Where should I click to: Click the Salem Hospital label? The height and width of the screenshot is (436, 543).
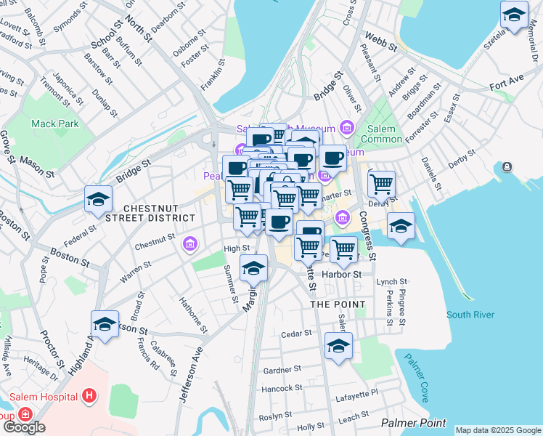pyautogui.click(x=44, y=396)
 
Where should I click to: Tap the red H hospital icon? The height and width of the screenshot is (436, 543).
pyautogui.click(x=89, y=396)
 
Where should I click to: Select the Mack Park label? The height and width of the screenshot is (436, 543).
pyautogui.click(x=55, y=124)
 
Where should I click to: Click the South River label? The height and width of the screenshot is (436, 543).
pyautogui.click(x=470, y=315)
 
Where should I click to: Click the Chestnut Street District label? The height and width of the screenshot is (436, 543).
pyautogui.click(x=159, y=212)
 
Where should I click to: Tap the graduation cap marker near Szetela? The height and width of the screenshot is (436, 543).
pyautogui.click(x=514, y=15)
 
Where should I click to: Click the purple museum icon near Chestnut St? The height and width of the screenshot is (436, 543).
pyautogui.click(x=191, y=243)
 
